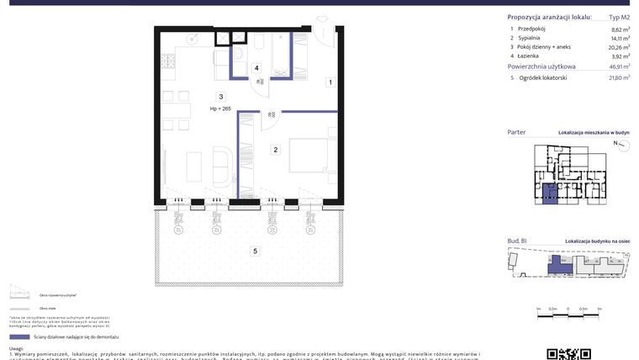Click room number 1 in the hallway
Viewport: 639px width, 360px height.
tap(330, 82)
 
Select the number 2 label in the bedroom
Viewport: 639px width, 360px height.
tap(275, 150)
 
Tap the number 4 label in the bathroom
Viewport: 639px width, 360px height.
tap(256, 68)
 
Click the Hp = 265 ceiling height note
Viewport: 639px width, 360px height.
tap(220, 109)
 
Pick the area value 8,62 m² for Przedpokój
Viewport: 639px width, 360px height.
tap(621, 29)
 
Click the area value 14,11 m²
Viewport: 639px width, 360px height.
tap(620, 39)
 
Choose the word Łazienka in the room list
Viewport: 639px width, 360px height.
tap(531, 56)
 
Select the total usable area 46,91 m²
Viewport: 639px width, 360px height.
tap(620, 66)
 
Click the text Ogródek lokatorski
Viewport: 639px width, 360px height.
tap(543, 77)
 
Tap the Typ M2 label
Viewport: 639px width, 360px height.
tap(619, 17)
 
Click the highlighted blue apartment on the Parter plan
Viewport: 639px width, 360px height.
tap(548, 193)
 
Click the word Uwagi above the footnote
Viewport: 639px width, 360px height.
tap(17, 348)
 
